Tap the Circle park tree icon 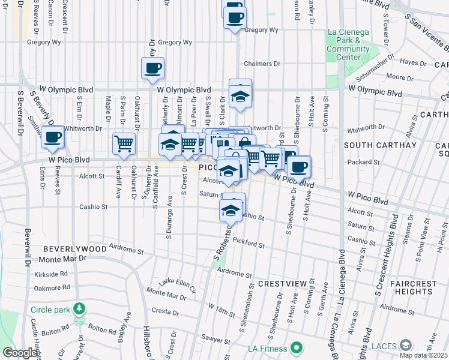(79, 310)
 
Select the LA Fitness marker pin (296, 347)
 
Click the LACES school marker (406, 345)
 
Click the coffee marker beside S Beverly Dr (52, 137)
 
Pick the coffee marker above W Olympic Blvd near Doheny (152, 68)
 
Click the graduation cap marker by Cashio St (231, 209)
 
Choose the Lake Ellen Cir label (178, 283)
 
